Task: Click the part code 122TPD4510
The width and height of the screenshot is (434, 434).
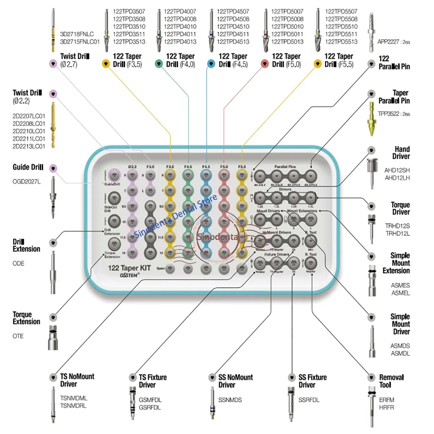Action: click(233, 27)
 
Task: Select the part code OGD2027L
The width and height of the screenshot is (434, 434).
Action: click(26, 182)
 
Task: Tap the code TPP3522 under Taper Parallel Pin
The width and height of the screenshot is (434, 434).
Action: click(389, 114)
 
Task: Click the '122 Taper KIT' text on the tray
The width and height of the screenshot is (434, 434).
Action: click(129, 268)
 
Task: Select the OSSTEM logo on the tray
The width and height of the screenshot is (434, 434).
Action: click(129, 276)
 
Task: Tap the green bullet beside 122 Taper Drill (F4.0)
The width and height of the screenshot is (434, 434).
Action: click(159, 64)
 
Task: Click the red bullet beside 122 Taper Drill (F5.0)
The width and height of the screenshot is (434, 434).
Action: click(265, 64)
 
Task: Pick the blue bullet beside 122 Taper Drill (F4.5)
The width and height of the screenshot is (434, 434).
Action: click(211, 64)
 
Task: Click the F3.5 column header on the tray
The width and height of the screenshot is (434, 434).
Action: click(170, 167)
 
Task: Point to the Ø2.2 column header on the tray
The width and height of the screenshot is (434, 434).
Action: click(132, 167)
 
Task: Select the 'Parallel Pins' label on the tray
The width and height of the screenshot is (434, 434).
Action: click(285, 167)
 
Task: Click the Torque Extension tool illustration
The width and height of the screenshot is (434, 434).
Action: click(53, 338)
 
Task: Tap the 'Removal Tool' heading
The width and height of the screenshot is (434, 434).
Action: click(391, 381)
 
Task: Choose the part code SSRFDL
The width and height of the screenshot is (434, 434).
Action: click(309, 400)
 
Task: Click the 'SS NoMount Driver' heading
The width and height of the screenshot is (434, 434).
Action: click(235, 381)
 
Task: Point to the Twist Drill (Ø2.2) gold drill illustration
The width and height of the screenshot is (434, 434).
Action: click(53, 125)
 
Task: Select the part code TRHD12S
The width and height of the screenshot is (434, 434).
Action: click(397, 226)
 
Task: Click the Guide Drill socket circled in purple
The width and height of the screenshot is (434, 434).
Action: click(114, 176)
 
